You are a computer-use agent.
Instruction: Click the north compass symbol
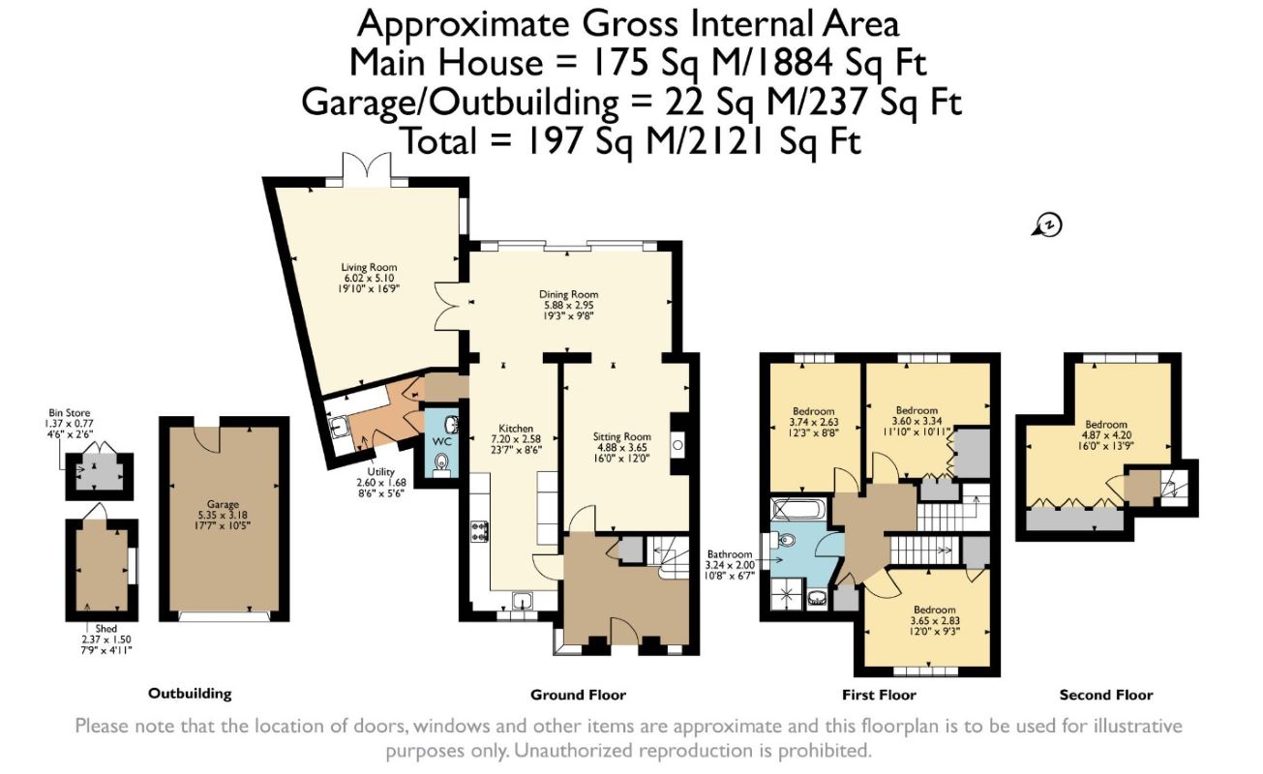1047,224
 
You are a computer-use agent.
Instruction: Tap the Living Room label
369,267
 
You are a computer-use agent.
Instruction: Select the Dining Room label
568,294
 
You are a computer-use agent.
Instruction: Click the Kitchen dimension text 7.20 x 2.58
516,439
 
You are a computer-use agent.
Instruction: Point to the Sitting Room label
621,436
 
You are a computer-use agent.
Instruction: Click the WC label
442,441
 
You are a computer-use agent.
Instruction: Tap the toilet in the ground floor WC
441,464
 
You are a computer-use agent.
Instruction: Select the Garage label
223,504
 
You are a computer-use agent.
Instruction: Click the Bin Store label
69,413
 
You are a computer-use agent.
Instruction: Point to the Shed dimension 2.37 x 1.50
106,640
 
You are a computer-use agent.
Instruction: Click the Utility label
380,472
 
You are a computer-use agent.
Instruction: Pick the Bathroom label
730,554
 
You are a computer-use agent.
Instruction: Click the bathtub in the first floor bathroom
797,510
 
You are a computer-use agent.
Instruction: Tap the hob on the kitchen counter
480,530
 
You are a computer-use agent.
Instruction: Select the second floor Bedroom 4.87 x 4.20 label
1105,425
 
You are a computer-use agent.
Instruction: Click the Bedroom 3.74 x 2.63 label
813,411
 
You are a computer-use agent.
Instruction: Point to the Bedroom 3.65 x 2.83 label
934,610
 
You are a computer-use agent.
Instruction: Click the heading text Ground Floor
578,695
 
